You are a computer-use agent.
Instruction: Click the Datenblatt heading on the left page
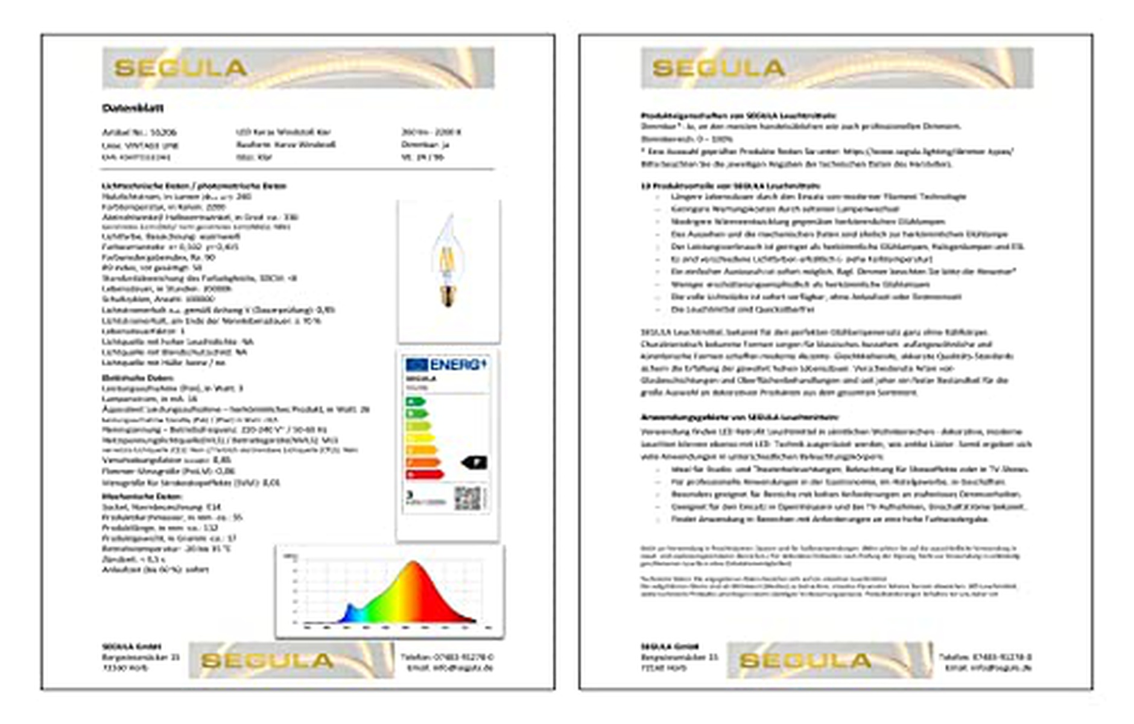(133, 108)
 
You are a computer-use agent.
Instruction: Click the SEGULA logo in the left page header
(181, 68)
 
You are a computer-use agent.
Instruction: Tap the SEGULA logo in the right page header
(718, 68)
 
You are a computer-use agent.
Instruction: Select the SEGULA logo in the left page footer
(267, 661)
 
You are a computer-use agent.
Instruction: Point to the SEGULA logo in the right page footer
(805, 661)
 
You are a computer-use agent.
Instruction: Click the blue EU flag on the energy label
(416, 364)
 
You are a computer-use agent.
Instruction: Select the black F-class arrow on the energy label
(474, 463)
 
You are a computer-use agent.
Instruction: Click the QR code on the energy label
(468, 498)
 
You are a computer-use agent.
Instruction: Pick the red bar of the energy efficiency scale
(425, 475)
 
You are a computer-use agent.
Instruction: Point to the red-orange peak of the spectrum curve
(414, 567)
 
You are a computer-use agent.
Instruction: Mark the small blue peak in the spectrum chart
(349, 609)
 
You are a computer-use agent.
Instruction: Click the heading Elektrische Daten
(129, 378)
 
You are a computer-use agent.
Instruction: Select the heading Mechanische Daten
(133, 496)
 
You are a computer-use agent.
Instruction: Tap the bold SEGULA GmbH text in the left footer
(131, 646)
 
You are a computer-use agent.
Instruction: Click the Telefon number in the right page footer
(985, 656)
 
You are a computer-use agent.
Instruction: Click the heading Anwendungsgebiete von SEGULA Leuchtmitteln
(740, 417)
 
